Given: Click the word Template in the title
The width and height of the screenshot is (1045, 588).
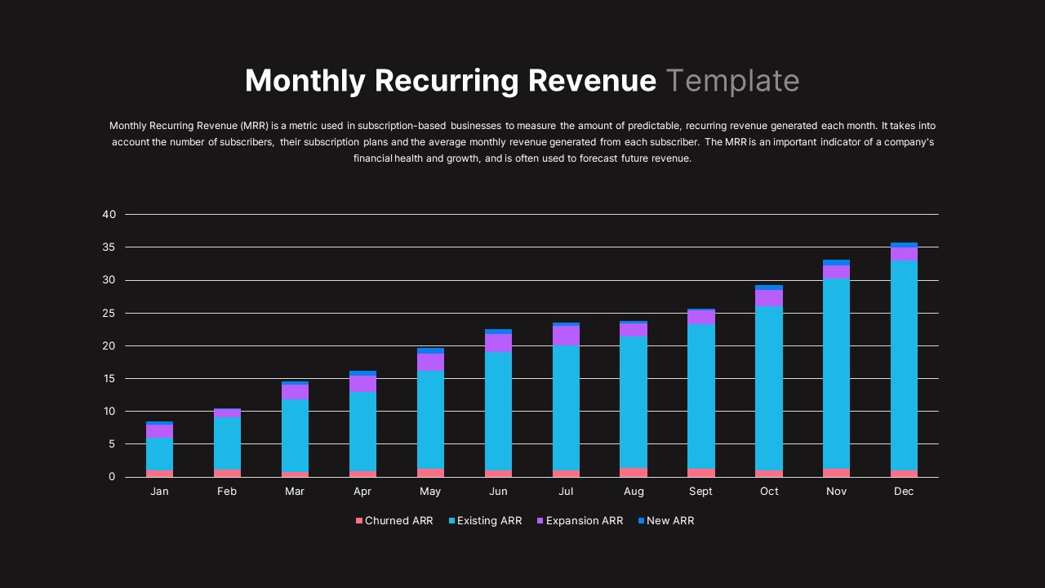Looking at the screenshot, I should point(732,81).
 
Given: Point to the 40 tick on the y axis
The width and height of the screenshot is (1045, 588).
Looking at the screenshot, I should point(109,215).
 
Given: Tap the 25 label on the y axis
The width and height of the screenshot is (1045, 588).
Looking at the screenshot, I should point(109,313).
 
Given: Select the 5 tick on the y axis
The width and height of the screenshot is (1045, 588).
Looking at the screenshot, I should point(113,444).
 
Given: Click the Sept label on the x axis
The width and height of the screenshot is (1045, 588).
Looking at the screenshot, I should point(700,492).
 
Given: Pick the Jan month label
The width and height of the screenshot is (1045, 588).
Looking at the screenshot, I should point(159,492).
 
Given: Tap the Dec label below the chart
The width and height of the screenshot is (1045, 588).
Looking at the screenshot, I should point(904,492).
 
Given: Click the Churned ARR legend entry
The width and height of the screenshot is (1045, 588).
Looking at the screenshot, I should point(394,521).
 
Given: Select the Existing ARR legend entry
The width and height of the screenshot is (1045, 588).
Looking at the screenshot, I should point(485,521).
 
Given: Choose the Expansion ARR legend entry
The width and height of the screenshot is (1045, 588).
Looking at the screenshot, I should point(580,521).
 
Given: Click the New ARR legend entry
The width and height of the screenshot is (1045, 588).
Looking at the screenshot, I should point(665,521).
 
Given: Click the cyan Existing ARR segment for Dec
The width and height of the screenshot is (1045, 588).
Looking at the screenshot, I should point(904,365).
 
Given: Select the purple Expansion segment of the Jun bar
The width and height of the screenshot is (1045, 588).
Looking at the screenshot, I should point(498,343).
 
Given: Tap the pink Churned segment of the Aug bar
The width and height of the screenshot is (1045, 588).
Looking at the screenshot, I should point(634,472).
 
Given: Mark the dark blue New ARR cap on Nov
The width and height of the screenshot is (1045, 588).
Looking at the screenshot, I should point(836,262).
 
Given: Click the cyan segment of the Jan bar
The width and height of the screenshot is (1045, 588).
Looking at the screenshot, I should point(159,454).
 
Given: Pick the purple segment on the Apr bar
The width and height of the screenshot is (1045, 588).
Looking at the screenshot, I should point(362,384).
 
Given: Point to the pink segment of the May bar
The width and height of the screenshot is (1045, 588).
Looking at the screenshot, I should point(430,473).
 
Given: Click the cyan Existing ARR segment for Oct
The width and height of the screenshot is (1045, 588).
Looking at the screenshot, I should point(768,388).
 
